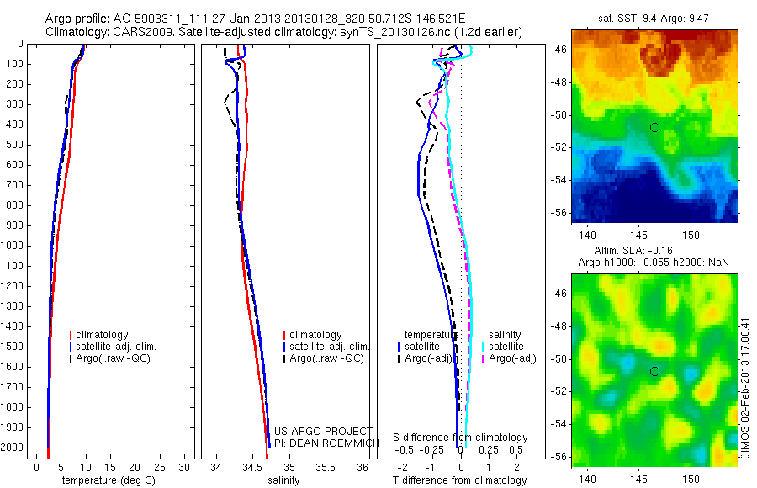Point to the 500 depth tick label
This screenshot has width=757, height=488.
[x=16, y=145]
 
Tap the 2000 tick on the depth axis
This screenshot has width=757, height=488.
[x=13, y=448]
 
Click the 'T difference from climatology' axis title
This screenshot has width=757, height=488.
[x=459, y=480]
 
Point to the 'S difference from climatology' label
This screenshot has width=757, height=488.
[x=461, y=438]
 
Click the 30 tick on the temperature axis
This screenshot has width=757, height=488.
[x=185, y=467]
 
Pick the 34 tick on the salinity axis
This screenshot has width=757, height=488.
[x=216, y=467]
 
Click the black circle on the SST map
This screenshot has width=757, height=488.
[x=654, y=127]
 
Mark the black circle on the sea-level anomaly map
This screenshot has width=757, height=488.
[x=654, y=371]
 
